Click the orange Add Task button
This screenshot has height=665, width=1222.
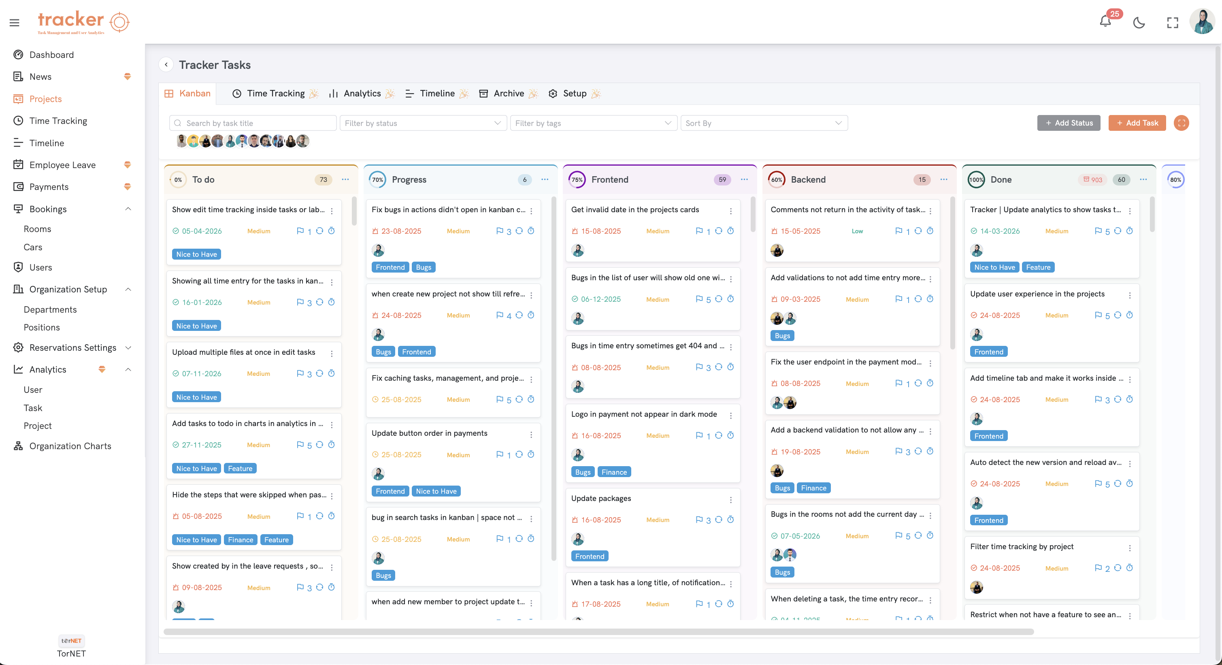pyautogui.click(x=1137, y=123)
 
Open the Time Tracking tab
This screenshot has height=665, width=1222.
pyautogui.click(x=275, y=94)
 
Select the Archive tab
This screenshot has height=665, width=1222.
pyautogui.click(x=508, y=94)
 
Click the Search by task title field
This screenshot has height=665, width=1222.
pyautogui.click(x=256, y=123)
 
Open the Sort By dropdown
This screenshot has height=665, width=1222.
pyautogui.click(x=763, y=123)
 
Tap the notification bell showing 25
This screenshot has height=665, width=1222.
pyautogui.click(x=1105, y=21)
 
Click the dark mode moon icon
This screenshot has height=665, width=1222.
pyautogui.click(x=1139, y=22)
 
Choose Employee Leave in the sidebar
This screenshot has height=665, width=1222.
pyautogui.click(x=62, y=164)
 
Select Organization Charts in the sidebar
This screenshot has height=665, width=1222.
pyautogui.click(x=70, y=446)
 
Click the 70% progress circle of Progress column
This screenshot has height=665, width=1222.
pyautogui.click(x=377, y=180)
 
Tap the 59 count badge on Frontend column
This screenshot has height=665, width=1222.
pyautogui.click(x=722, y=180)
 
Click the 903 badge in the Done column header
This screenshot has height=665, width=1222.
pyautogui.click(x=1092, y=180)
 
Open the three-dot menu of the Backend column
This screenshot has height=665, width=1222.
pyautogui.click(x=943, y=179)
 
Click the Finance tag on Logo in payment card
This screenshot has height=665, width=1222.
pyautogui.click(x=614, y=472)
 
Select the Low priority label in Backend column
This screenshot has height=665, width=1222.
pyautogui.click(x=857, y=231)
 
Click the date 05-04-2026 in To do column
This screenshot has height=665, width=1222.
pyautogui.click(x=202, y=231)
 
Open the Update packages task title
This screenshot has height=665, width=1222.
pyautogui.click(x=600, y=498)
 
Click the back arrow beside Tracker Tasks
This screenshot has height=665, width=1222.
pyautogui.click(x=166, y=64)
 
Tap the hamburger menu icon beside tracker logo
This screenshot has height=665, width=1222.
pyautogui.click(x=14, y=22)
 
